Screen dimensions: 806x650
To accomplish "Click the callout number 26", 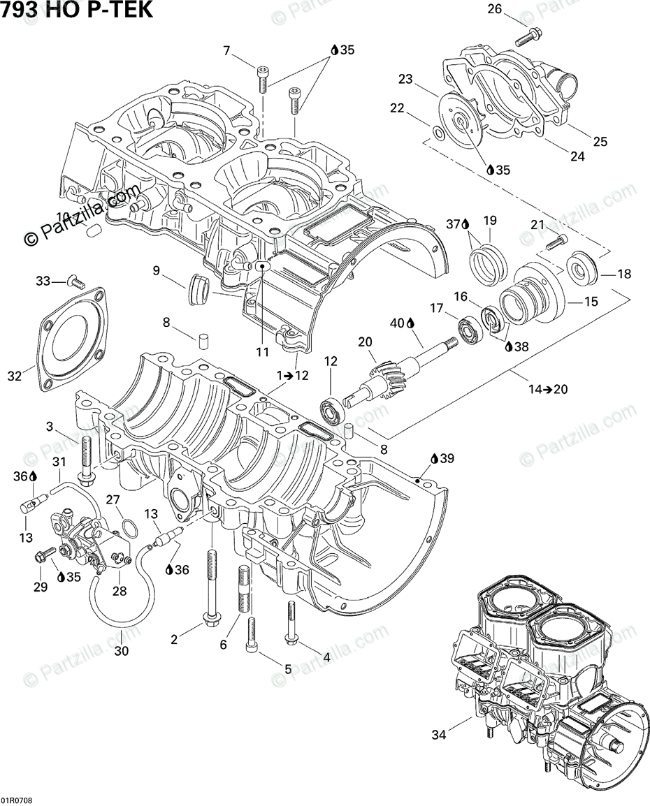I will point(494,9).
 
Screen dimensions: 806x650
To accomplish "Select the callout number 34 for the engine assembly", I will point(438,734).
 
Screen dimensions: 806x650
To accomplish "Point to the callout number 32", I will point(15,376).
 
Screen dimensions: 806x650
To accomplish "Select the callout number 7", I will point(226,50).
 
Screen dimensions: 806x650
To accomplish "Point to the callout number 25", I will point(600,142).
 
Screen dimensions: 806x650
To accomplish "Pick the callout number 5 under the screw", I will point(287,668).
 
